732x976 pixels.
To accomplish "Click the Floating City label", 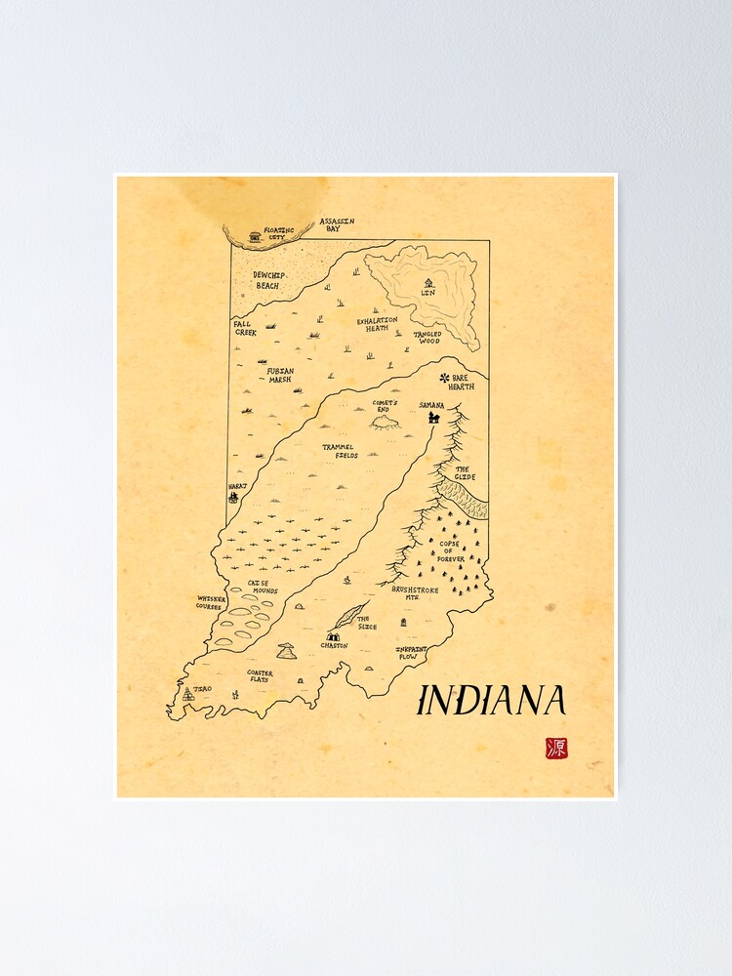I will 278,233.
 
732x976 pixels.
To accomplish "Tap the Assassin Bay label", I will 337,225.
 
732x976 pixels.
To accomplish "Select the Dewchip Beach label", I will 267,280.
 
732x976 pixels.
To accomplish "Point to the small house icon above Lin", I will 427,283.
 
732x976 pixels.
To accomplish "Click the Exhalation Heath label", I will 377,324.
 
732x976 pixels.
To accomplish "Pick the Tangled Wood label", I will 427,338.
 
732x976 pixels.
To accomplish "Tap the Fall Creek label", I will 244,328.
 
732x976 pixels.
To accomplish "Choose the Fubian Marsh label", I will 281,375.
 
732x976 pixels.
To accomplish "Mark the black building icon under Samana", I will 433,418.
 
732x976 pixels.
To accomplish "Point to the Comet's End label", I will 385,406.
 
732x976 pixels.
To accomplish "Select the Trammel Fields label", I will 340,451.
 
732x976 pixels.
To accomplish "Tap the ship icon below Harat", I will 233,497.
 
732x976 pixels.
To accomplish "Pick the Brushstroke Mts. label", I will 414,592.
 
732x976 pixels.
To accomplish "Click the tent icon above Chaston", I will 334,635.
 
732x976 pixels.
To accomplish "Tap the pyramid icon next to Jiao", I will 187,694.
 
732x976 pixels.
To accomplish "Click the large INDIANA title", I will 492,700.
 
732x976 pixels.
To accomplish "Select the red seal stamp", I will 555,749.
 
